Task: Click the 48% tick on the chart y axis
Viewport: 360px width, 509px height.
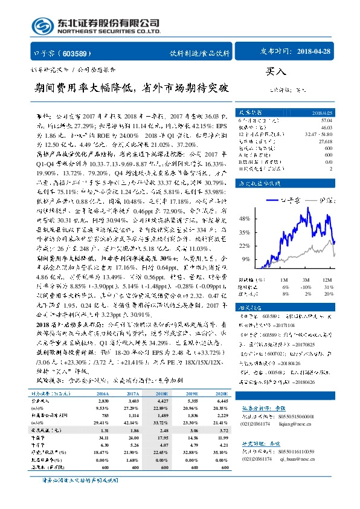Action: click(245, 218)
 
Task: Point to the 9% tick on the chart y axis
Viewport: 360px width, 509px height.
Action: click(246, 259)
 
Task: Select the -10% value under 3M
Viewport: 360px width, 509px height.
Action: click(307, 293)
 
